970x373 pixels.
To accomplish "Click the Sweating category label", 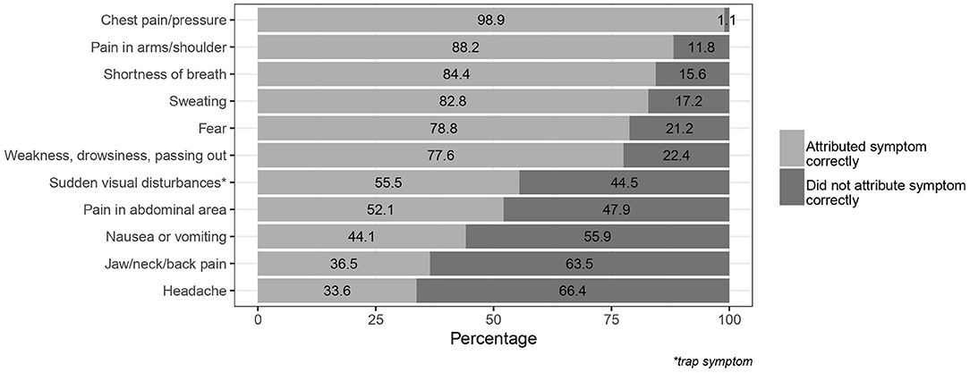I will (x=201, y=101).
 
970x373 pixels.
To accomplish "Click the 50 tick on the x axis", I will (x=494, y=318).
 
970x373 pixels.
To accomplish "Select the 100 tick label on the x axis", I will (x=729, y=318).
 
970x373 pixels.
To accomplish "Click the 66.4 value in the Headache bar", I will (x=573, y=292).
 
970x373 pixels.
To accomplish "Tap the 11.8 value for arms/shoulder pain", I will (x=702, y=47).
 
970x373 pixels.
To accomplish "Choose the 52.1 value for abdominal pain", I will (x=377, y=210).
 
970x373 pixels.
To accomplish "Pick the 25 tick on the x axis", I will (x=376, y=318).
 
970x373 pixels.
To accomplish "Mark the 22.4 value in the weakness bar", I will (x=676, y=156).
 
